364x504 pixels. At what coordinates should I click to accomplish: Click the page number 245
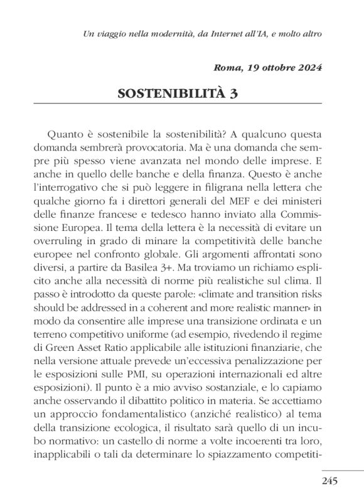coord(328,481)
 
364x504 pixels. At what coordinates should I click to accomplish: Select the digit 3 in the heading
coord(233,95)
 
